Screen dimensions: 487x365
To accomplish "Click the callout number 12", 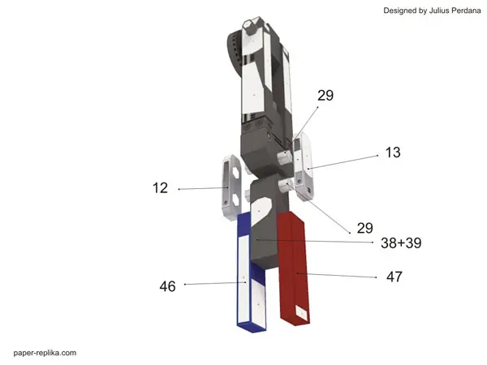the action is click(160, 188).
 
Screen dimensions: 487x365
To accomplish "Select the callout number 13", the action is click(393, 152).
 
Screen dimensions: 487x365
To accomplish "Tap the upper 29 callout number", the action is click(325, 95).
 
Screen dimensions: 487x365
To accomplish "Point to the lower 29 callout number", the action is click(365, 228).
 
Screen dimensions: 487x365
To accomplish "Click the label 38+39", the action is click(401, 243).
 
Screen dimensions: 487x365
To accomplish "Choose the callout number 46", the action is click(167, 286).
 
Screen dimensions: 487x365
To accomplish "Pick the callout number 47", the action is click(394, 277).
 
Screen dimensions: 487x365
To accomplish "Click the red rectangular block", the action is click(294, 268).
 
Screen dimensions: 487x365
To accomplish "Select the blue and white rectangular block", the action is click(251, 273).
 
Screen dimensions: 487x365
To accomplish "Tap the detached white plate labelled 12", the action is click(231, 187).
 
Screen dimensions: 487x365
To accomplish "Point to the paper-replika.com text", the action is click(45, 353).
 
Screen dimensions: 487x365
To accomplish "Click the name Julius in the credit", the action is click(439, 11).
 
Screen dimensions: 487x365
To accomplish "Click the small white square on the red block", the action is click(301, 312).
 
